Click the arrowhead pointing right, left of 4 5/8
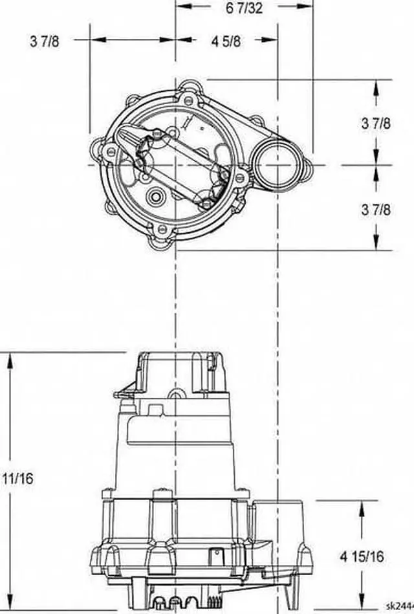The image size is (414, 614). click(169, 39)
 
